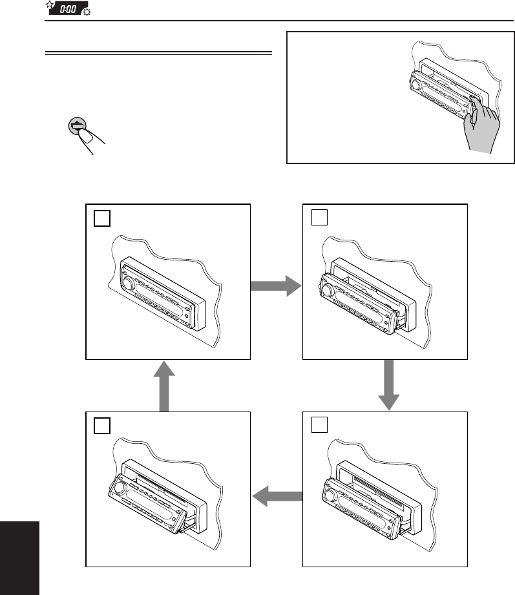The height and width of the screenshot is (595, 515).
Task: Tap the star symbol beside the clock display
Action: coord(49,6)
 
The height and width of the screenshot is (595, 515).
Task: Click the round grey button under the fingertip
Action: coord(78,126)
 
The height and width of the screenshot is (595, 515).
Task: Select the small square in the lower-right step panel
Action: coord(319,425)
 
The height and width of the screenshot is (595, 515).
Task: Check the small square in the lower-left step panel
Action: coord(101,425)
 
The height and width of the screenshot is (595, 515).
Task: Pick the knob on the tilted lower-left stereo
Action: coord(121,486)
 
